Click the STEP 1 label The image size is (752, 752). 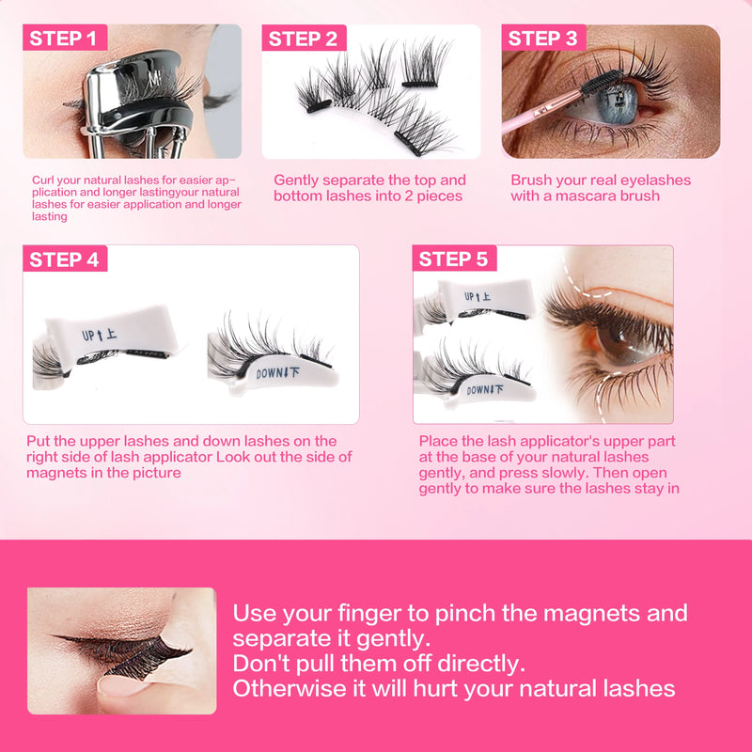tap(63, 39)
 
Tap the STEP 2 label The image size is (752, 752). tap(303, 39)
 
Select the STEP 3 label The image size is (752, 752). tap(542, 39)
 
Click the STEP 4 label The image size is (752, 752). tap(64, 259)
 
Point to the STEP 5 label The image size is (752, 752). tap(453, 259)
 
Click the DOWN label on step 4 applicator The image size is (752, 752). tap(279, 372)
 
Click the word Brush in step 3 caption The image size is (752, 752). tap(532, 180)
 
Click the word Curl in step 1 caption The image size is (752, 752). tap(41, 180)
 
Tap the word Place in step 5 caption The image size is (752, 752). tap(439, 441)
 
